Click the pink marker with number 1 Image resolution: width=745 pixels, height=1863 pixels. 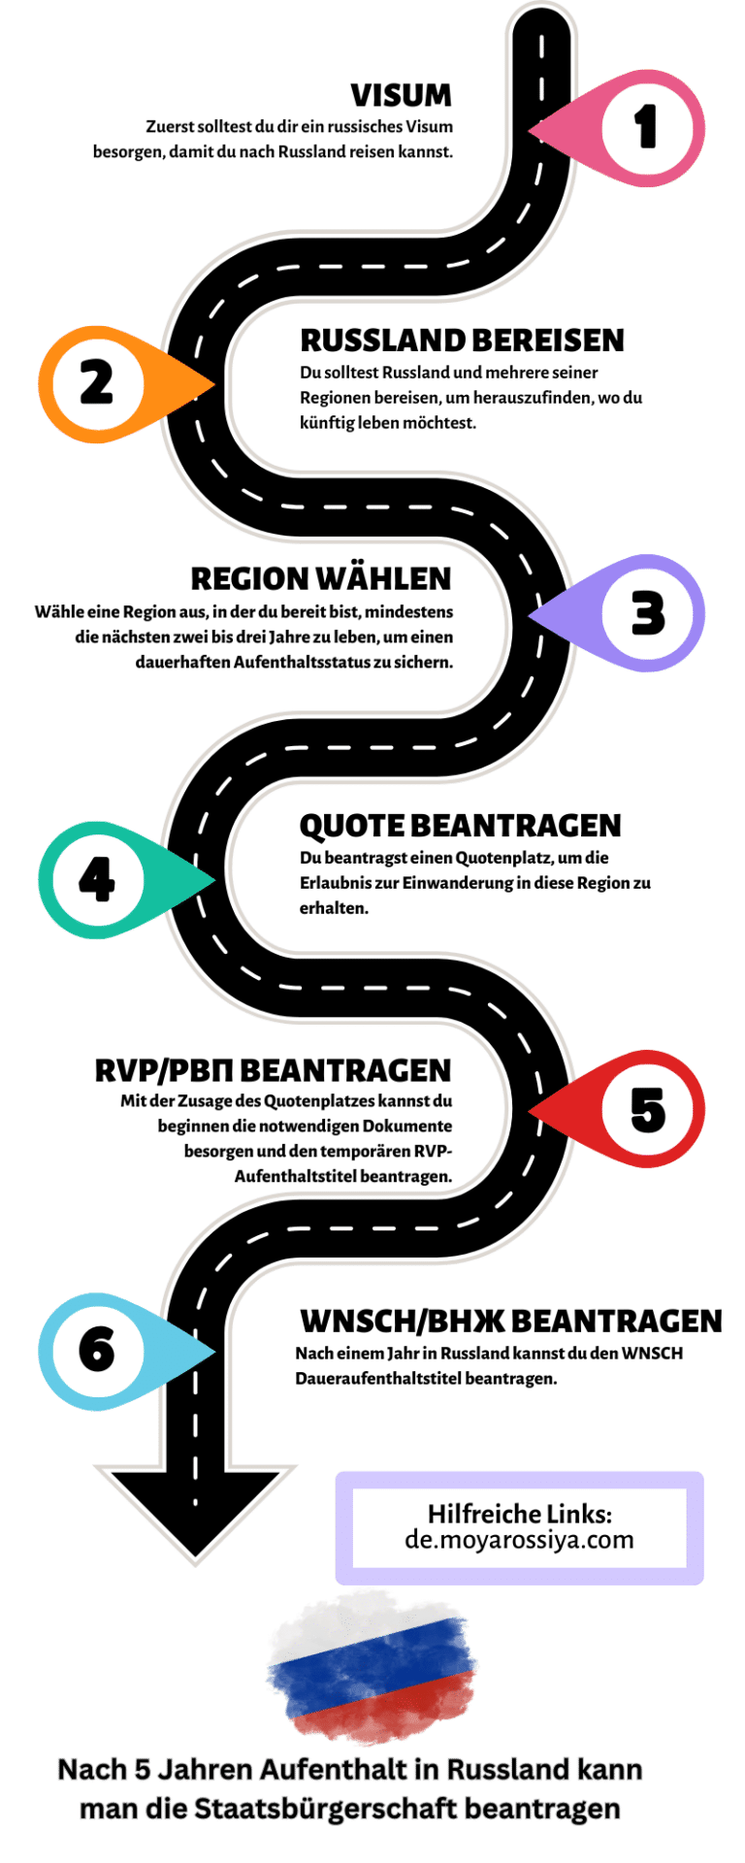click(645, 127)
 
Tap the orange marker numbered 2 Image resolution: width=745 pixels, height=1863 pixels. click(97, 383)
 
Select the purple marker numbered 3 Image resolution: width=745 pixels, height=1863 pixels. click(645, 613)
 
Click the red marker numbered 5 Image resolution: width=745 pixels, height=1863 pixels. click(645, 1108)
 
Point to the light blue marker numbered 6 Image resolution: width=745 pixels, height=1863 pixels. click(97, 1351)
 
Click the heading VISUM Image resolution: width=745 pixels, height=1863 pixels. click(401, 95)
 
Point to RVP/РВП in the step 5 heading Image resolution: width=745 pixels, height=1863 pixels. click(163, 1070)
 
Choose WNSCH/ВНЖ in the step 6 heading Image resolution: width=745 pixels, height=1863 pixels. click(402, 1321)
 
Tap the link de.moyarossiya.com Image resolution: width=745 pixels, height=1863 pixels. click(519, 1540)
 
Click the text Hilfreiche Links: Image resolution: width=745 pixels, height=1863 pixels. click(519, 1514)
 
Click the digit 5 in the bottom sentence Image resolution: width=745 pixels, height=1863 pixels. click(144, 1770)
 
